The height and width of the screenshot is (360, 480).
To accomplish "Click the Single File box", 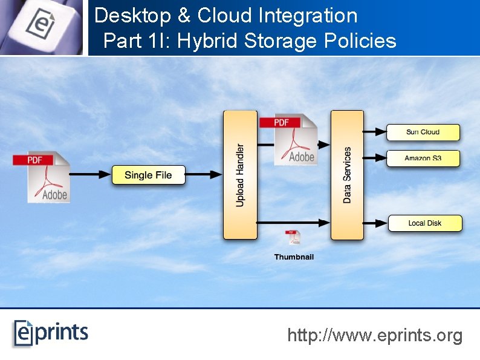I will click(148, 175).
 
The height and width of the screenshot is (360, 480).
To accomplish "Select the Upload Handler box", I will click(240, 175).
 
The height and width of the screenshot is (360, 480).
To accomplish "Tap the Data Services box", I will click(346, 175).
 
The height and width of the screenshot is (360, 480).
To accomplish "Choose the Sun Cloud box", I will click(423, 132).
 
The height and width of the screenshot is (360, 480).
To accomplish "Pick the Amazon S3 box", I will click(423, 159).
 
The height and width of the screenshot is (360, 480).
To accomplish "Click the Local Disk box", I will click(424, 223).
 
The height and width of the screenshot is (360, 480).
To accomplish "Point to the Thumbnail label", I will click(294, 257).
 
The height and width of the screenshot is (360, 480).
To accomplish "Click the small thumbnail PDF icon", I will click(293, 238).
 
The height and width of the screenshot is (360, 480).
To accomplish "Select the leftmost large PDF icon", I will click(41, 176).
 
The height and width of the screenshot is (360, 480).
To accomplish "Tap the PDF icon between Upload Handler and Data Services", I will click(288, 140).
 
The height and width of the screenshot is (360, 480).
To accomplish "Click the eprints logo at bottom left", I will click(51, 333).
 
